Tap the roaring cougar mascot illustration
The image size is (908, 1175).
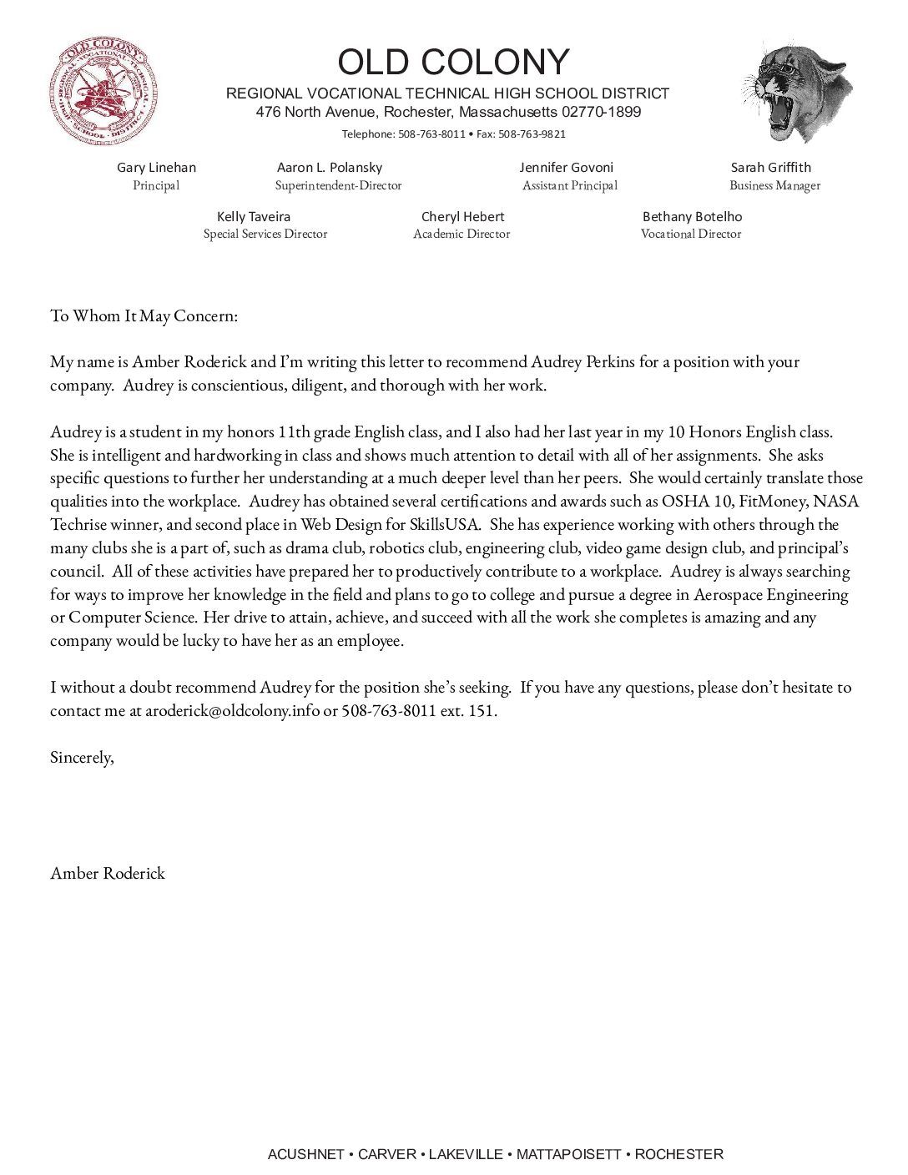(x=798, y=92)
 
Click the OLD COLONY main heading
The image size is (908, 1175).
(x=453, y=63)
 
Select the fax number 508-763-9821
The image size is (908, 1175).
(x=532, y=134)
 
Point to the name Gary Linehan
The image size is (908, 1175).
(x=156, y=168)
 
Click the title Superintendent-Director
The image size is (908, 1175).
(x=338, y=185)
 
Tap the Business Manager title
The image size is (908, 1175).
(x=774, y=185)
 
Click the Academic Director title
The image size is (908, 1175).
(x=462, y=234)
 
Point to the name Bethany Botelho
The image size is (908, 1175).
(x=692, y=217)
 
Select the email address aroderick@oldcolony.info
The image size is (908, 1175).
(x=232, y=712)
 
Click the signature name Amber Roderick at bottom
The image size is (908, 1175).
(x=108, y=874)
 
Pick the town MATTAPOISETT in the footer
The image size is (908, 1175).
(x=568, y=1154)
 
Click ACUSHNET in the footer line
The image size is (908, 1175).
(x=305, y=1154)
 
